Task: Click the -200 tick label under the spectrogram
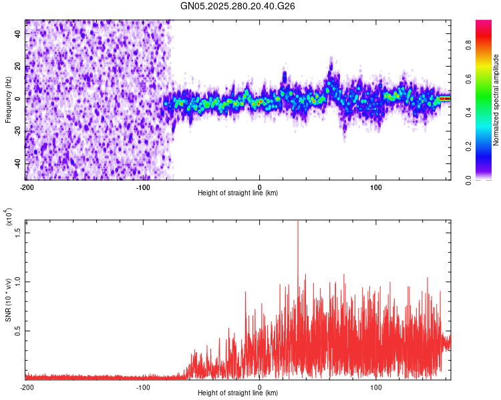click(27, 187)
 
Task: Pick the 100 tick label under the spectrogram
click(376, 187)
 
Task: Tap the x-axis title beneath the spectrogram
click(238, 193)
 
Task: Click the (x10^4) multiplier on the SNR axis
click(9, 217)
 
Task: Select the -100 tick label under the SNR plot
click(143, 387)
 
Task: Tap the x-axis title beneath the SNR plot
click(238, 393)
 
